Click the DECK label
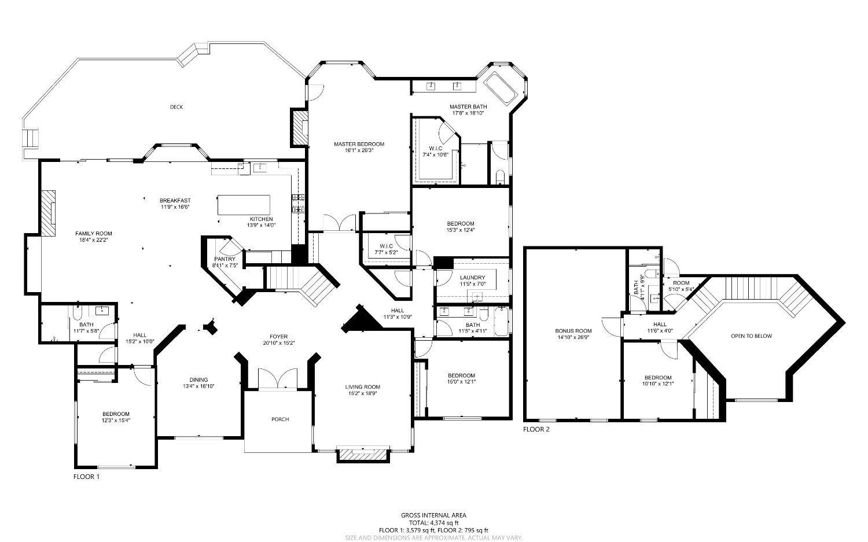point(176,106)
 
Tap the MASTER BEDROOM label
point(359,144)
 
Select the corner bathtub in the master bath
point(501,88)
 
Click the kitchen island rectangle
point(244,205)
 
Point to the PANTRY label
point(225,259)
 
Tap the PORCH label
point(280,419)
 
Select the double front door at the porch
point(278,379)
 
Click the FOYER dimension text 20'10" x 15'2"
point(278,343)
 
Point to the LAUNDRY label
point(473,278)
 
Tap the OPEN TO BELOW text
point(751,336)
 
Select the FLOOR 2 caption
point(536,429)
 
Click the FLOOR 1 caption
point(86,477)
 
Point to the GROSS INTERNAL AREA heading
point(433,515)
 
